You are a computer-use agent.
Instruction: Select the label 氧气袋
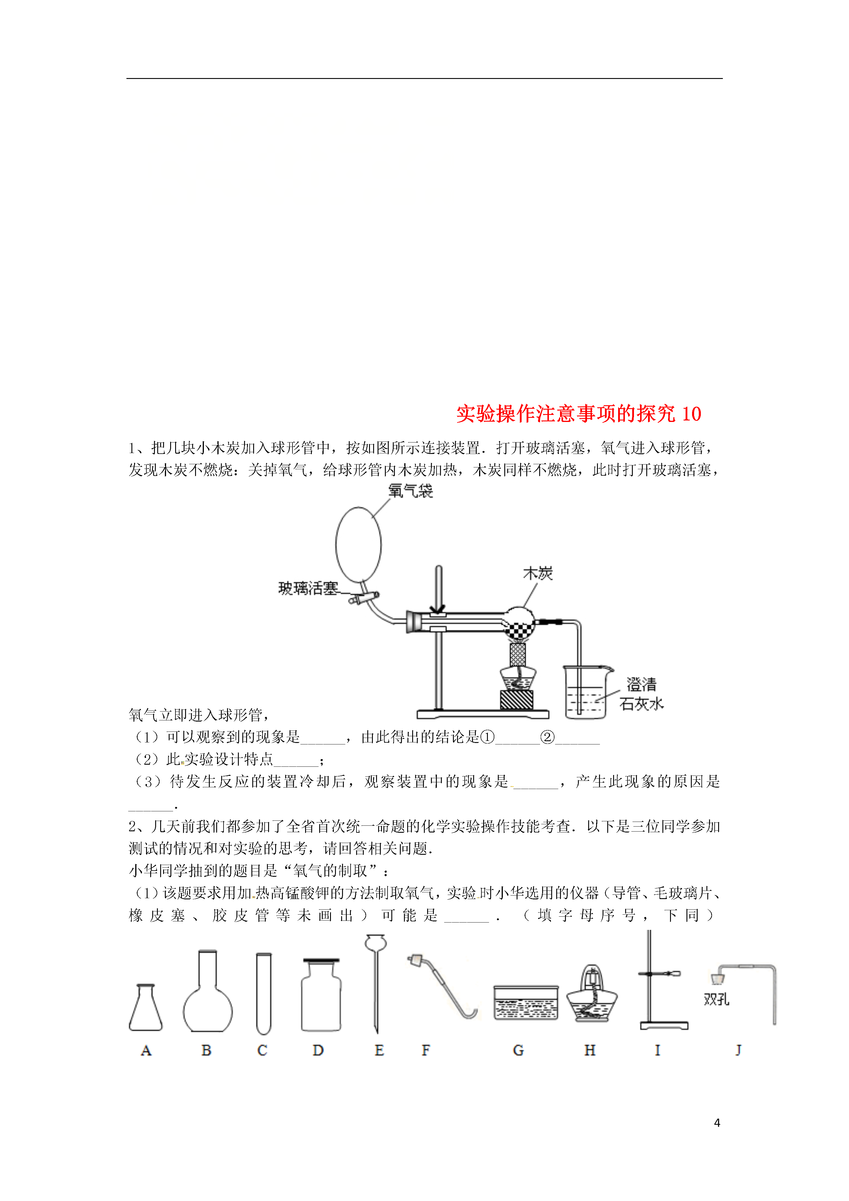point(411,491)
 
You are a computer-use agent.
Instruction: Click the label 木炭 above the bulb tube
point(538,573)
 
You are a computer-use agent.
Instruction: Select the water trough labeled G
point(526,1003)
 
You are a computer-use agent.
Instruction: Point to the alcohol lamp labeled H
point(592,994)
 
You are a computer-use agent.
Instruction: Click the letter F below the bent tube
point(426,1050)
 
